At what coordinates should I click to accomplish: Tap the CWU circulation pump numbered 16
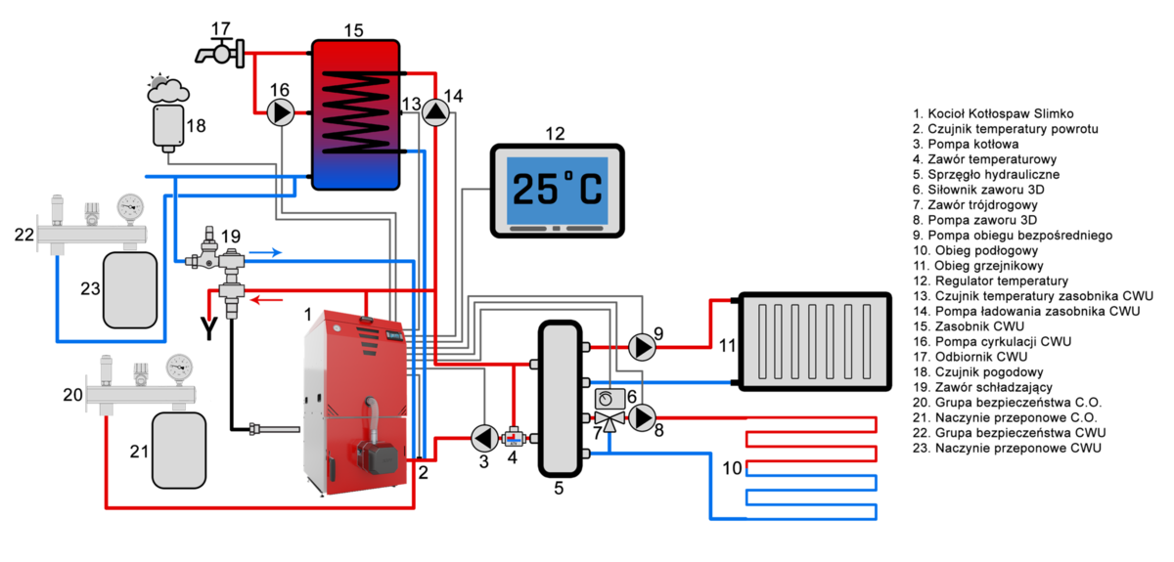coord(281,113)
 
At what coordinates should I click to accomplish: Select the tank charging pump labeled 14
coord(436,113)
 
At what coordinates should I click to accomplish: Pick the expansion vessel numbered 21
coord(178,449)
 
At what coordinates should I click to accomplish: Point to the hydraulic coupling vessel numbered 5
coord(559,399)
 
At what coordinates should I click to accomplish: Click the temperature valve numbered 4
coord(514,437)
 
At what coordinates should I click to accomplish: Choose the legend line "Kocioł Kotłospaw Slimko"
coord(993,114)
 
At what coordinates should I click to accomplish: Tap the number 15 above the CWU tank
coord(353,30)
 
